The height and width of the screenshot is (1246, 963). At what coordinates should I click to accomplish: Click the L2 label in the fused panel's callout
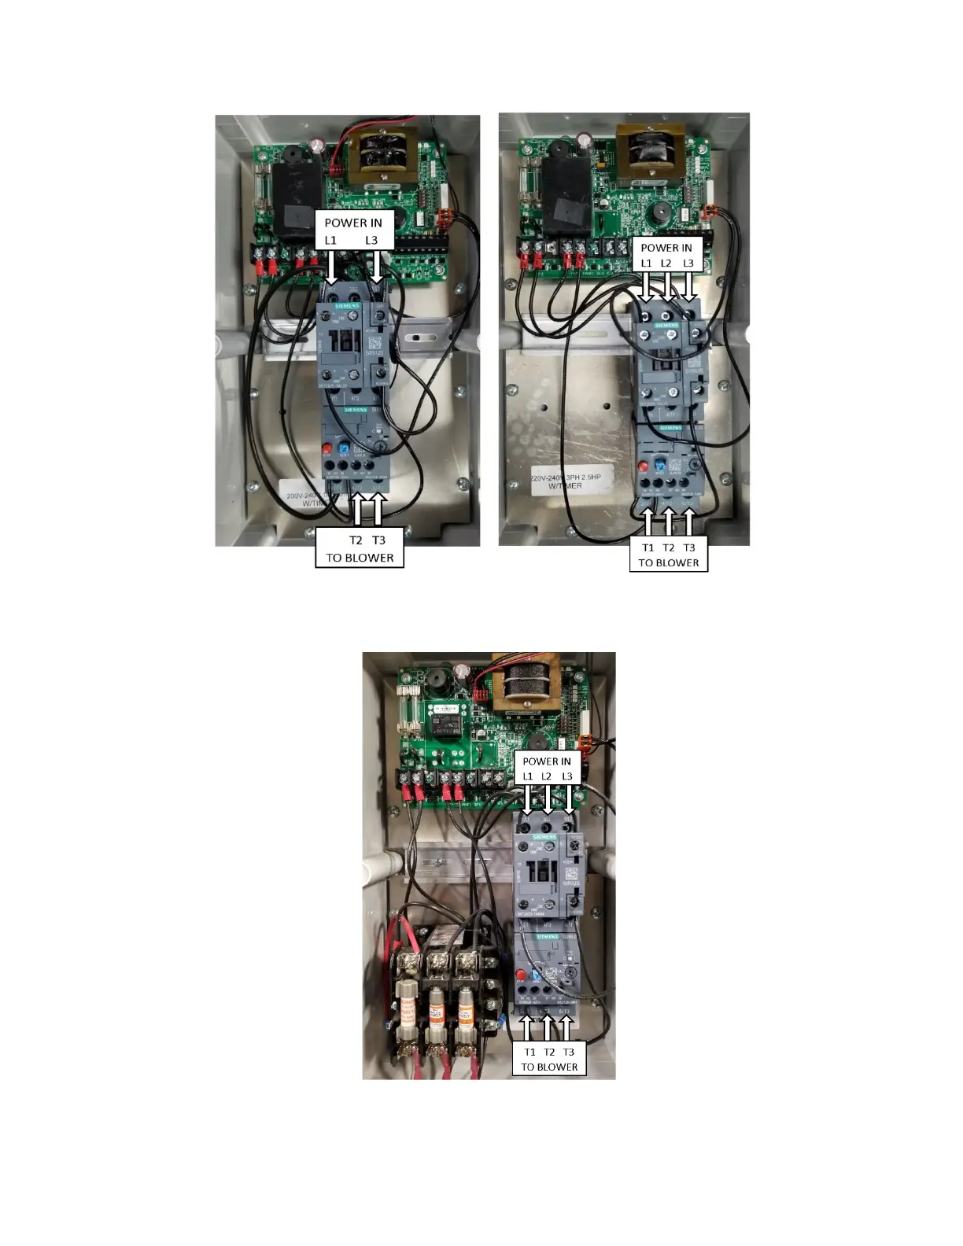point(547,776)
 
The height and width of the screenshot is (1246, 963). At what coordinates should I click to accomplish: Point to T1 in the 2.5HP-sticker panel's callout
point(648,547)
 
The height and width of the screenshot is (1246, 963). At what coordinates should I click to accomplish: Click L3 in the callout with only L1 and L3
point(371,240)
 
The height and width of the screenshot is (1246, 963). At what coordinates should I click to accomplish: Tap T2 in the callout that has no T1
point(356,540)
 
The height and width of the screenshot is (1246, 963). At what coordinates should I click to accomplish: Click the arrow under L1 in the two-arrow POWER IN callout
point(331,267)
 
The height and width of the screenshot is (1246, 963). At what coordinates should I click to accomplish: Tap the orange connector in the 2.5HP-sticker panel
point(708,211)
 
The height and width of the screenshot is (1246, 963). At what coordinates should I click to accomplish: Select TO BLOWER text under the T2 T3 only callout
point(360,558)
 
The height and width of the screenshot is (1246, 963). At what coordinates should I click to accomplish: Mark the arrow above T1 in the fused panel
point(528,1028)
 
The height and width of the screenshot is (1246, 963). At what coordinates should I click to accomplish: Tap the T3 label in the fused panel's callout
point(569,1052)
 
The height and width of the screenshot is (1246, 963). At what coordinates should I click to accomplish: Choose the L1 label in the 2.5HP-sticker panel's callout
point(646,264)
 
